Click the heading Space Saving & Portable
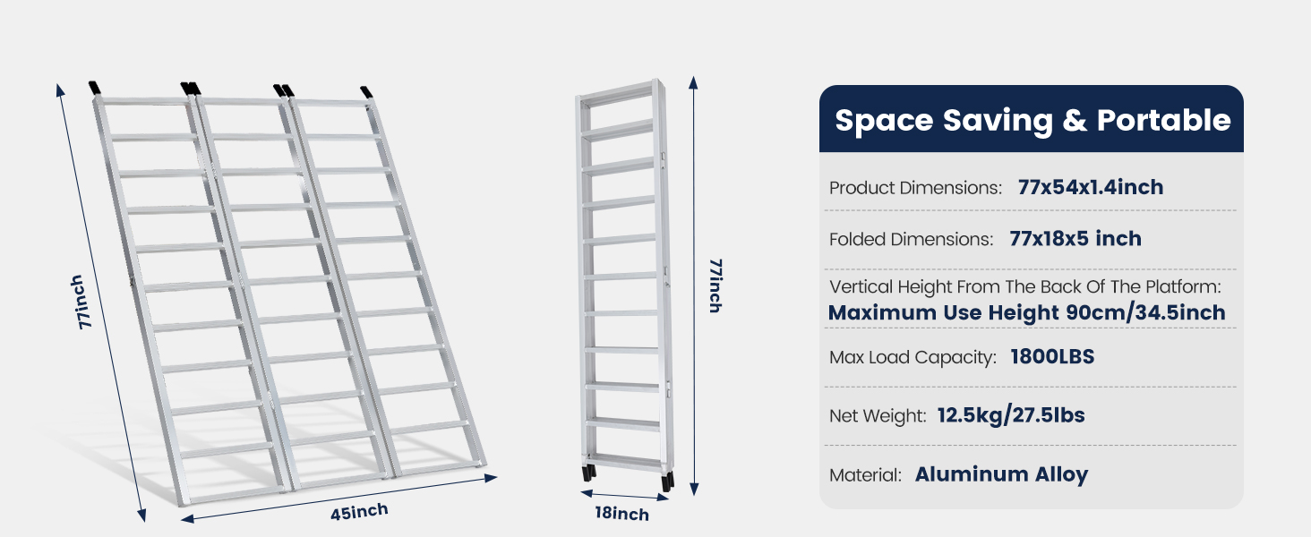pos(1032,120)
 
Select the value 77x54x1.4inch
pos(1090,187)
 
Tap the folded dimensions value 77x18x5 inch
pos(1075,239)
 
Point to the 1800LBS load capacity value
pos(1051,356)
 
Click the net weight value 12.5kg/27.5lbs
pos(1011,415)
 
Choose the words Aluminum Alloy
pos(1000,474)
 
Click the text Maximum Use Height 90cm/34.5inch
pos(1026,312)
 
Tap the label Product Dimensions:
pos(915,188)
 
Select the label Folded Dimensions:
pos(911,240)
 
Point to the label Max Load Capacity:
pos(913,357)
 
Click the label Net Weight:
pos(878,416)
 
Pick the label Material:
pos(865,475)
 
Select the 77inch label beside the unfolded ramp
pos(81,303)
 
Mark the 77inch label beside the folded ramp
pos(715,285)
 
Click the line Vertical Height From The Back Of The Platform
pos(1025,287)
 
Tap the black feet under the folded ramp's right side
pos(667,480)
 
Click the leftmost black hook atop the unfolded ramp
pos(96,89)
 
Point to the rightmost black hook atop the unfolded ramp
pos(367,92)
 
